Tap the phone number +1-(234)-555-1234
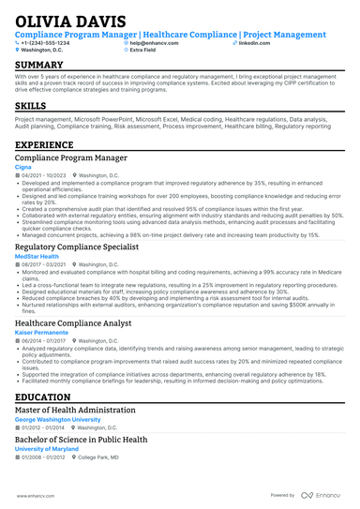[46, 43]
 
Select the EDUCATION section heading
[45, 397]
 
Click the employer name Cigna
[24, 169]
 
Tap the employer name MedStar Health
[37, 256]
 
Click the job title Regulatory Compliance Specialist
[77, 247]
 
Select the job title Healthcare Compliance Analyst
[74, 322]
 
